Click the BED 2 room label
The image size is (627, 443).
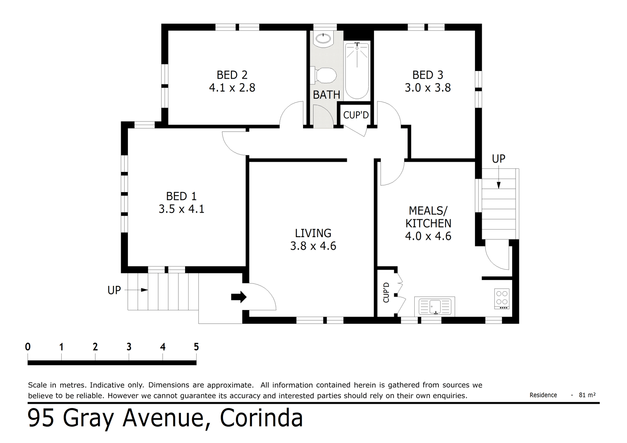point(232,75)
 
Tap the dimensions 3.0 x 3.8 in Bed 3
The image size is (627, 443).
point(428,88)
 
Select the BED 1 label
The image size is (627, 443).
point(181,196)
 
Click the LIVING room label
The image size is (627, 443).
point(313,233)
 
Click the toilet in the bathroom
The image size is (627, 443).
point(324,75)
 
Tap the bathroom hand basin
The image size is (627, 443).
point(323,39)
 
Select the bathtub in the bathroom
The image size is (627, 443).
point(357,70)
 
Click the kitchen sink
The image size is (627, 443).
point(434,306)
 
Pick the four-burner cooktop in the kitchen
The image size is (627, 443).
point(502,299)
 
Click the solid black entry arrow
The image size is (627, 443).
point(239,297)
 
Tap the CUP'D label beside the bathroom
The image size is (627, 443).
point(356,115)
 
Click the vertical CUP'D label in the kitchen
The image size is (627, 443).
point(387,293)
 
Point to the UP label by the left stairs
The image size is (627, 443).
point(114,290)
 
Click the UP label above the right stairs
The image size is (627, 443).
point(498,159)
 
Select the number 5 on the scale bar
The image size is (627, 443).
point(196,347)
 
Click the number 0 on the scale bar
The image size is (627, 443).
point(28,347)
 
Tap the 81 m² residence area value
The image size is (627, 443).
point(587,395)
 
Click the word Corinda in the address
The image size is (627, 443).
point(261,418)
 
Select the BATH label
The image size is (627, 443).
point(326,95)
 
